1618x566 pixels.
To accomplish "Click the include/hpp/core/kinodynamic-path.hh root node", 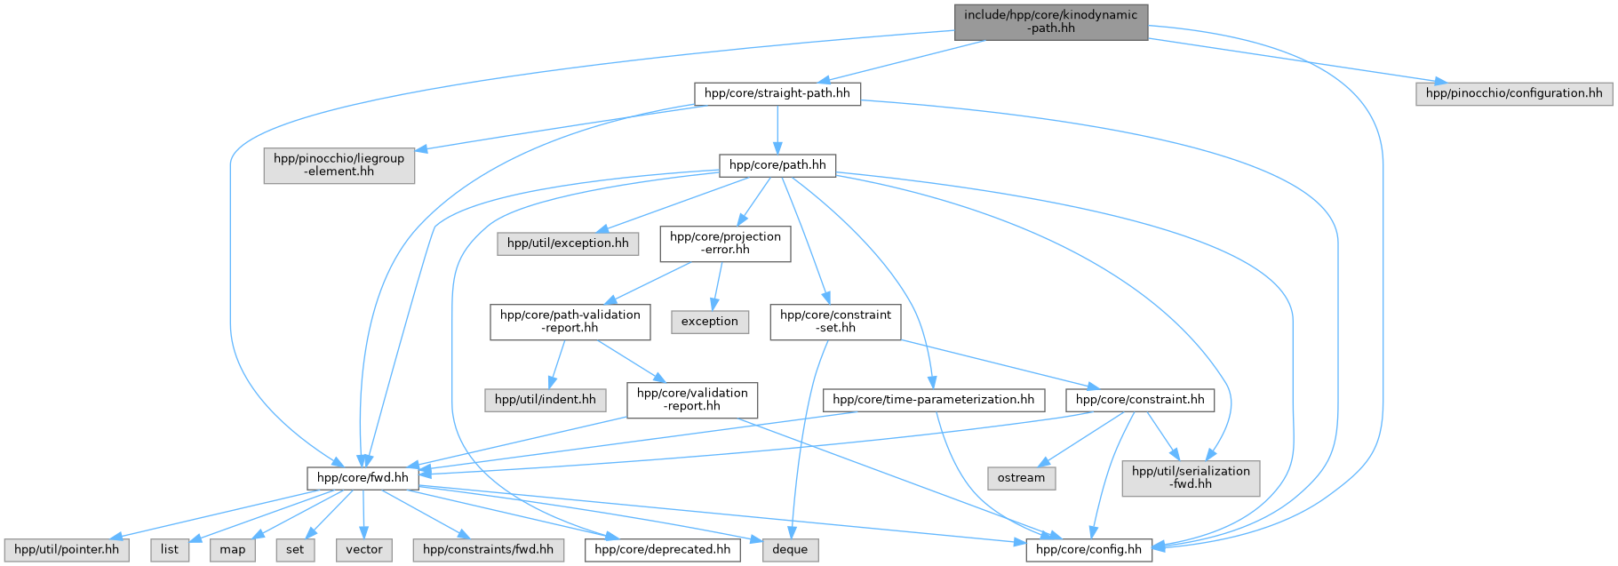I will pos(1050,21).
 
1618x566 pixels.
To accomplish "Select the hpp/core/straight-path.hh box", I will pos(777,93).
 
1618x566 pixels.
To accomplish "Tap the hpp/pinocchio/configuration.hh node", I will pos(1513,93).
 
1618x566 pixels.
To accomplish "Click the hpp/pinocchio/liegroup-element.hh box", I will pos(339,165).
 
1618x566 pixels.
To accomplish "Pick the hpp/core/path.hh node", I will pos(777,165).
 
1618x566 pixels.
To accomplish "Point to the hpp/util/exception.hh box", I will pos(567,243).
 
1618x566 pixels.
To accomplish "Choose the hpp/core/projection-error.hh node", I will pos(725,243).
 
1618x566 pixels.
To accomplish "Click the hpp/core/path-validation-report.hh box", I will pos(570,322).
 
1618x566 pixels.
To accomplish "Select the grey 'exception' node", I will pos(709,322).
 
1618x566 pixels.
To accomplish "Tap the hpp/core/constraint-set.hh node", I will pos(835,322).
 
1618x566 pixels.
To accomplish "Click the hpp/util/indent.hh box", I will pos(545,400).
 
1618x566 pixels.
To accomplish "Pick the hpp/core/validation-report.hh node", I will pos(692,400).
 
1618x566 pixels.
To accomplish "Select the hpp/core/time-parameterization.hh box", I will pos(933,400).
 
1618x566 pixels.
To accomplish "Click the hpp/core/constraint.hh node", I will pos(1139,400).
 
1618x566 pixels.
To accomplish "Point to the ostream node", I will pos(1021,478).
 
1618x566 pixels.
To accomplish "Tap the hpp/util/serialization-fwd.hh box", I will pos(1191,478).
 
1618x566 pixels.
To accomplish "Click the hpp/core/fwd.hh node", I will pos(363,478).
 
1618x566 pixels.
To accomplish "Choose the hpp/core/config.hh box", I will pos(1089,550).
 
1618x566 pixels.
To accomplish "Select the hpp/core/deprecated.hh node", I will pos(662,550).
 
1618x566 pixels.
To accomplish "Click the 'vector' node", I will pos(364,550).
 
